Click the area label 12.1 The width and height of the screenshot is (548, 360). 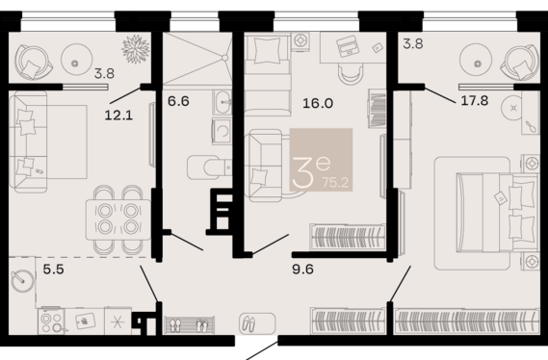point(118,115)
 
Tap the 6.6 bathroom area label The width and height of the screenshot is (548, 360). point(178,101)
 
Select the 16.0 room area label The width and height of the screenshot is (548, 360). point(318,103)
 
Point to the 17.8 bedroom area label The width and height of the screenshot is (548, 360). point(474,100)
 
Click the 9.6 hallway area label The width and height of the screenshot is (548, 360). point(302,270)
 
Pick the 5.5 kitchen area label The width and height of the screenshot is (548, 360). point(54,270)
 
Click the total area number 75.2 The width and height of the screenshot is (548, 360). point(335,183)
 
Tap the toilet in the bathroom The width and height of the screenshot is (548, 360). point(209,167)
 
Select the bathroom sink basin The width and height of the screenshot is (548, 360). point(222,102)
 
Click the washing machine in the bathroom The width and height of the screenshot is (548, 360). point(222,131)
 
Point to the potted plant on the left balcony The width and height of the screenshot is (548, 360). point(136,49)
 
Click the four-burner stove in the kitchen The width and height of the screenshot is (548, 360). point(51,321)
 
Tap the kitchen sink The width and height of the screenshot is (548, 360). point(84,321)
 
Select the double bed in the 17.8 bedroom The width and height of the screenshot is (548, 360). point(497,213)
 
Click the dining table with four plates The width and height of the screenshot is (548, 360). point(118,219)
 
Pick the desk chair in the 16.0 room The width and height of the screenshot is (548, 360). point(351,74)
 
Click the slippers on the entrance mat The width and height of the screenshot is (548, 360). point(248,323)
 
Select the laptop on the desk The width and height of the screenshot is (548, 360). point(348,47)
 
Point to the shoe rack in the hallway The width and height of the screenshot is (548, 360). point(189,325)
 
